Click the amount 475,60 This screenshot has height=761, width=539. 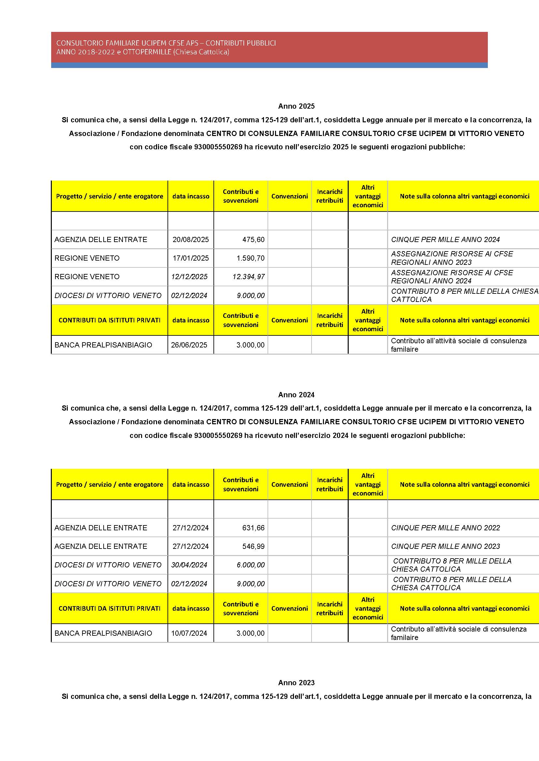[x=253, y=239]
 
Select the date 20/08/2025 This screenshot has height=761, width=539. [x=191, y=239]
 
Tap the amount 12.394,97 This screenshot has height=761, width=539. [x=249, y=277]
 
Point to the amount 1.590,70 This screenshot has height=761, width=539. [x=250, y=258]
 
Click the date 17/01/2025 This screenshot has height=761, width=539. [x=191, y=258]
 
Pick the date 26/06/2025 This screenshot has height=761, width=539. [x=189, y=345]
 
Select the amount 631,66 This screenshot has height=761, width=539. [x=253, y=528]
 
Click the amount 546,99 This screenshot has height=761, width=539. [x=253, y=546]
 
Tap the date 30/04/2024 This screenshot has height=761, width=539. [x=189, y=565]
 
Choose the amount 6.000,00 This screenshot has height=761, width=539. [x=251, y=565]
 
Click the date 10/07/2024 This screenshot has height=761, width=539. [x=189, y=633]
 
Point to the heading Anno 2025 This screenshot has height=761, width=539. [x=296, y=106]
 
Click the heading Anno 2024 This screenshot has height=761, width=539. [x=296, y=395]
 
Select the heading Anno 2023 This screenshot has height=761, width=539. [x=296, y=683]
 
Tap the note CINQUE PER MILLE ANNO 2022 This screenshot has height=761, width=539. [x=445, y=528]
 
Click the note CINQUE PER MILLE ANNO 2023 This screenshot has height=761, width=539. [x=445, y=546]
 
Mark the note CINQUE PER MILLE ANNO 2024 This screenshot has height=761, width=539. [x=445, y=239]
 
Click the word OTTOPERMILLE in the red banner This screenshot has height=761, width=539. [x=147, y=52]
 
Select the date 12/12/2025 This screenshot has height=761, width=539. [x=189, y=277]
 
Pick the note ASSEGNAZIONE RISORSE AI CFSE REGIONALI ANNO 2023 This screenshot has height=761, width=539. [x=452, y=258]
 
